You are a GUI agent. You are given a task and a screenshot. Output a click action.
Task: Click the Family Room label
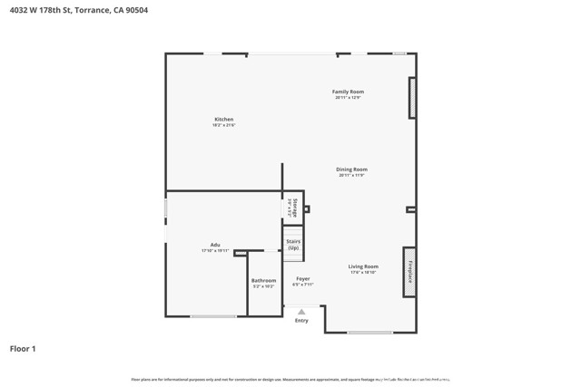point(348,92)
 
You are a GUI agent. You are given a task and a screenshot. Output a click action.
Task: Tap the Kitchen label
point(223,120)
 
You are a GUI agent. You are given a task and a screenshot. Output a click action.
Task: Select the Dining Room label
point(351,169)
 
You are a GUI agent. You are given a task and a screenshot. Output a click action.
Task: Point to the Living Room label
point(363,266)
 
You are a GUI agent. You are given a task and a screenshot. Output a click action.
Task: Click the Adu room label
point(215,245)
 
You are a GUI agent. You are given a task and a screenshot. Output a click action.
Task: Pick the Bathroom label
point(263,281)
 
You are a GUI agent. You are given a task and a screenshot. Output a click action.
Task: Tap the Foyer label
point(303,279)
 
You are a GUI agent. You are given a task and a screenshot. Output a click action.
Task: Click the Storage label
point(294,208)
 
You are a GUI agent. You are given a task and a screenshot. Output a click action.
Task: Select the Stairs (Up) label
point(293,245)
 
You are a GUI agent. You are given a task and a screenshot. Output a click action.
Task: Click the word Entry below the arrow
point(301,320)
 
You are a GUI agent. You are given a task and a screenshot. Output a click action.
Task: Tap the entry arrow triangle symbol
point(301,312)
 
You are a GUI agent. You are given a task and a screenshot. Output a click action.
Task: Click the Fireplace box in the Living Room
point(409,272)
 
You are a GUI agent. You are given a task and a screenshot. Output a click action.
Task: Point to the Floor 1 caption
point(23,348)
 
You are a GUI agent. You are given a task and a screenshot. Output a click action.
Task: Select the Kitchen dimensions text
point(223,125)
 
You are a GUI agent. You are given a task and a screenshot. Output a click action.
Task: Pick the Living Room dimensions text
point(363,272)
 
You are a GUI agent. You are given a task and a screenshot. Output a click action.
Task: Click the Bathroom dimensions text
point(263,286)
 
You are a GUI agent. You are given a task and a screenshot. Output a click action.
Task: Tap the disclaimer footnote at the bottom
point(290,379)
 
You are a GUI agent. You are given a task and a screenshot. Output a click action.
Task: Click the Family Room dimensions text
point(348,97)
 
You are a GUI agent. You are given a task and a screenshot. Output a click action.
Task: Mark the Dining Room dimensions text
point(351,175)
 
